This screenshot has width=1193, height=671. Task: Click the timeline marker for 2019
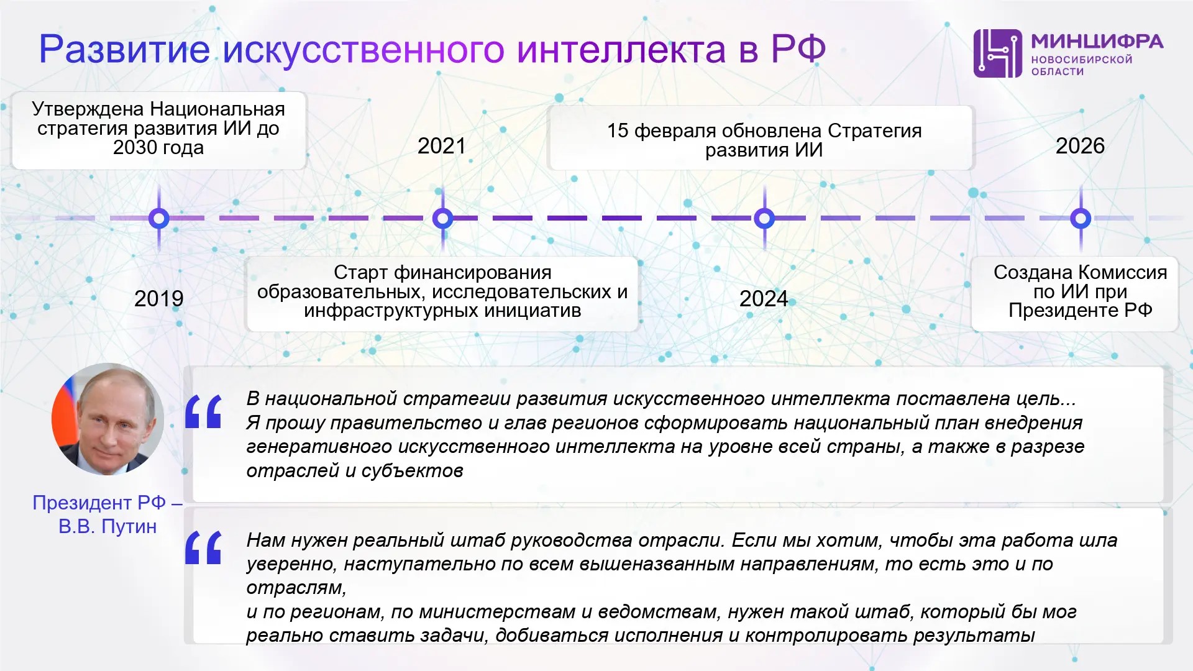[159, 218]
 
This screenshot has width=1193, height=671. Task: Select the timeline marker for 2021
[442, 218]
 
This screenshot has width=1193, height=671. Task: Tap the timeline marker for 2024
[764, 218]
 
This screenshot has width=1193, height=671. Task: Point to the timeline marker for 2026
[1081, 218]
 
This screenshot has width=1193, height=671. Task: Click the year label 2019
[159, 299]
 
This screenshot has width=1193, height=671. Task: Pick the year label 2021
[442, 146]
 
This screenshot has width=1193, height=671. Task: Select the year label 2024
[764, 299]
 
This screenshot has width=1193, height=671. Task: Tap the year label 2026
[1080, 146]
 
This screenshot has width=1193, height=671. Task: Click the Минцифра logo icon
[997, 53]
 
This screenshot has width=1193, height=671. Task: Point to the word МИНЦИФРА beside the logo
[1097, 41]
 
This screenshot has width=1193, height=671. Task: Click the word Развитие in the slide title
[124, 49]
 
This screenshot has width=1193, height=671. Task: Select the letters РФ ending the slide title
[798, 48]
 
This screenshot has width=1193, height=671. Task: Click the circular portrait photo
[107, 419]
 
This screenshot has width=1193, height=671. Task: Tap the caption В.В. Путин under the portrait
[107, 527]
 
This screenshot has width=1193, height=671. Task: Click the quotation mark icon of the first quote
[203, 411]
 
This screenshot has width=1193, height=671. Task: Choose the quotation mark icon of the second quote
[203, 547]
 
